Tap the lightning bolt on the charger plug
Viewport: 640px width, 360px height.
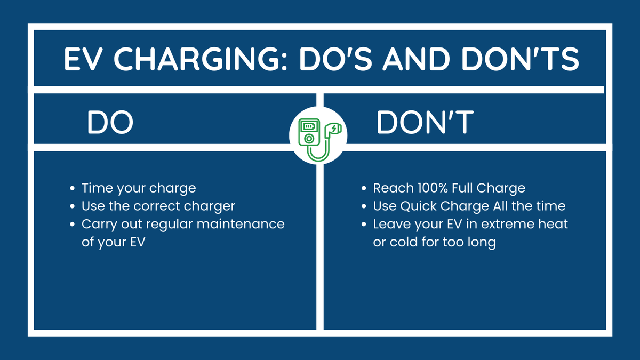point(333,129)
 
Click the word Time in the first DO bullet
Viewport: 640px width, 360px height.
point(94,188)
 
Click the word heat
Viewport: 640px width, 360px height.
point(554,224)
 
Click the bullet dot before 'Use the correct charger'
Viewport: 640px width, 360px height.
point(73,206)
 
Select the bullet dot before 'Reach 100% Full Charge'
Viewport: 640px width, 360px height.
point(364,188)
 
